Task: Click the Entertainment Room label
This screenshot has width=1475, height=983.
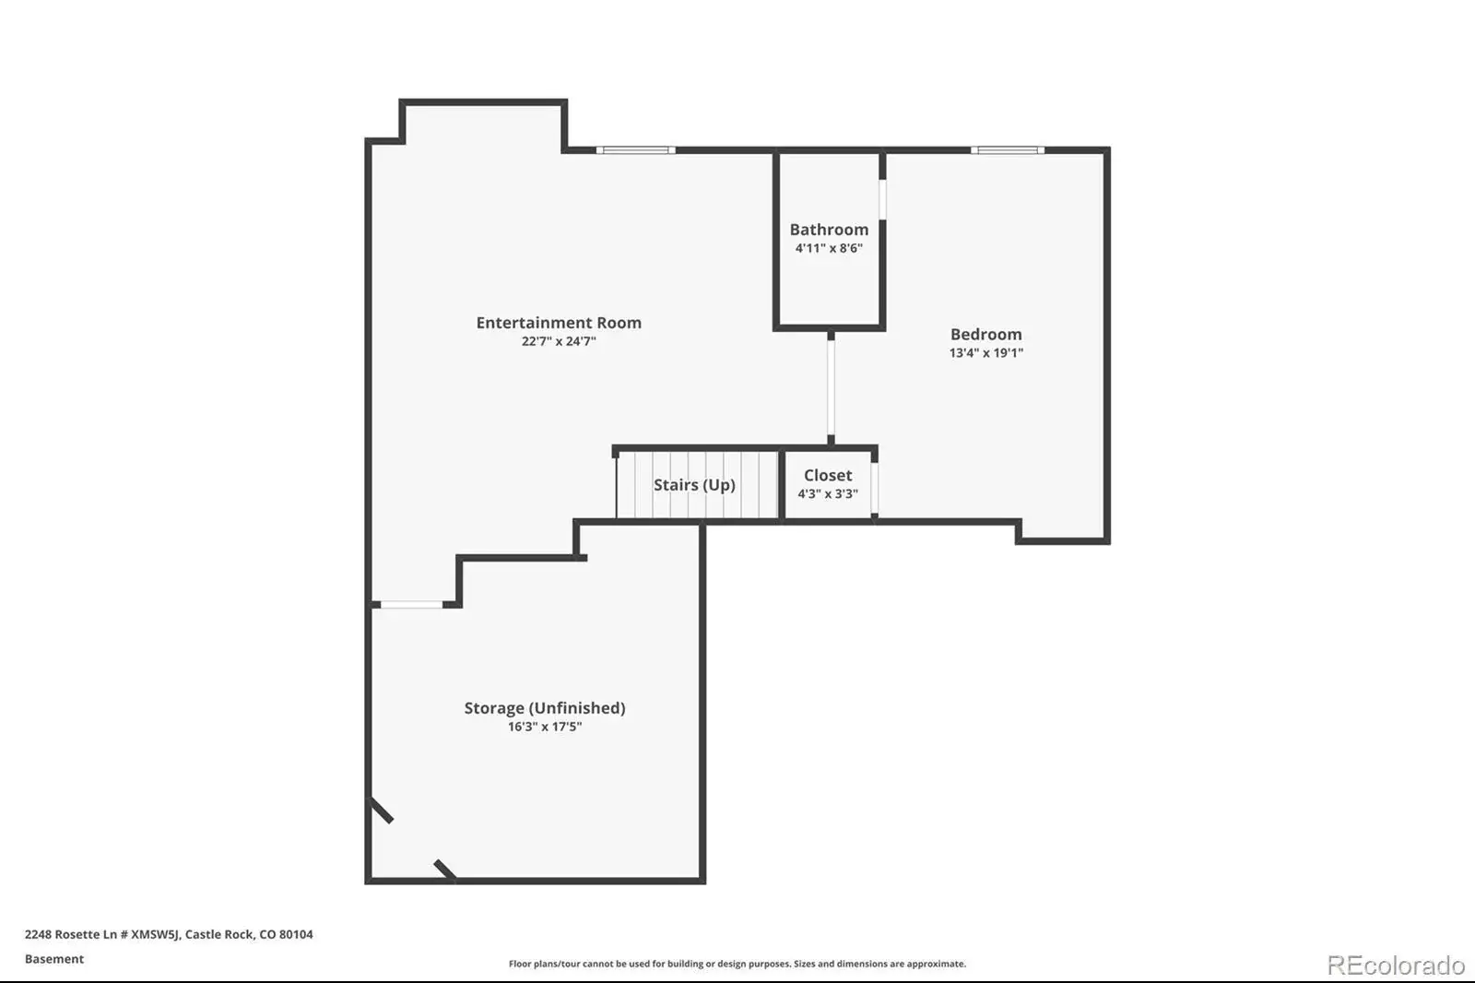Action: coord(559,322)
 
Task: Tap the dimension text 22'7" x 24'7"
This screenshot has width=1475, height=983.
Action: coord(559,341)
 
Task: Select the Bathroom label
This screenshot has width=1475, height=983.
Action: coord(829,230)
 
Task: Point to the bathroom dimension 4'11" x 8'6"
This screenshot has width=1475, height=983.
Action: coord(829,248)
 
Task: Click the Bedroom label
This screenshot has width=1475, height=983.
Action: coord(985,334)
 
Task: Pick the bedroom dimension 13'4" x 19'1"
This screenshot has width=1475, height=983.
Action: coord(985,353)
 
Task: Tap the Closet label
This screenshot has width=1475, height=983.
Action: coord(828,475)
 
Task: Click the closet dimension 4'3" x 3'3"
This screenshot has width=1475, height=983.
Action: coord(828,494)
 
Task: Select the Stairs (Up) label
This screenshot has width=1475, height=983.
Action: coord(694,485)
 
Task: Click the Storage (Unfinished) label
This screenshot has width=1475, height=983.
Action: coord(545,708)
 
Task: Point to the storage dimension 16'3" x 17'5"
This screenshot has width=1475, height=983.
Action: coord(545,727)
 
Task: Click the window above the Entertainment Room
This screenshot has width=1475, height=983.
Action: coord(635,150)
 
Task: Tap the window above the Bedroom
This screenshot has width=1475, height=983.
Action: coord(1008,150)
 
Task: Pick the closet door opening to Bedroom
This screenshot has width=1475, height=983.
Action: coord(875,488)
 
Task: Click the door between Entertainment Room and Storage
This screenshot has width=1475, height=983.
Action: coord(411,605)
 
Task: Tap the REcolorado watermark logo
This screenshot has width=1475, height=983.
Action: coord(1396,965)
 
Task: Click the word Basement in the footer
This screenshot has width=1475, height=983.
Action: coord(54,959)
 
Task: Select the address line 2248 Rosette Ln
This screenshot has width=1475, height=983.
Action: coord(170,934)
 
